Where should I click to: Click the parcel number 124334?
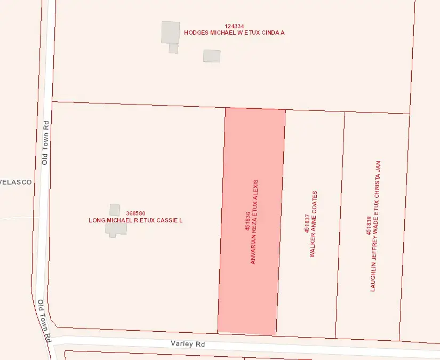[235, 26]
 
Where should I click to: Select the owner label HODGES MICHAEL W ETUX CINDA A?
[234, 33]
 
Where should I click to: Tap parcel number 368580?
[135, 213]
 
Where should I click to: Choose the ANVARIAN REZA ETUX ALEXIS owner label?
[255, 221]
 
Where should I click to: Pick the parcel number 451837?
[307, 227]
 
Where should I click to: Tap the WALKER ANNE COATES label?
[314, 224]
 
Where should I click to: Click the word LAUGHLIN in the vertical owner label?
[374, 278]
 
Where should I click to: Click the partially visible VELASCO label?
[15, 182]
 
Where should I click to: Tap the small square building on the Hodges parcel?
[212, 55]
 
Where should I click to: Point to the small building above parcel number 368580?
[115, 209]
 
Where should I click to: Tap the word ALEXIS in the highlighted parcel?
[255, 189]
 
